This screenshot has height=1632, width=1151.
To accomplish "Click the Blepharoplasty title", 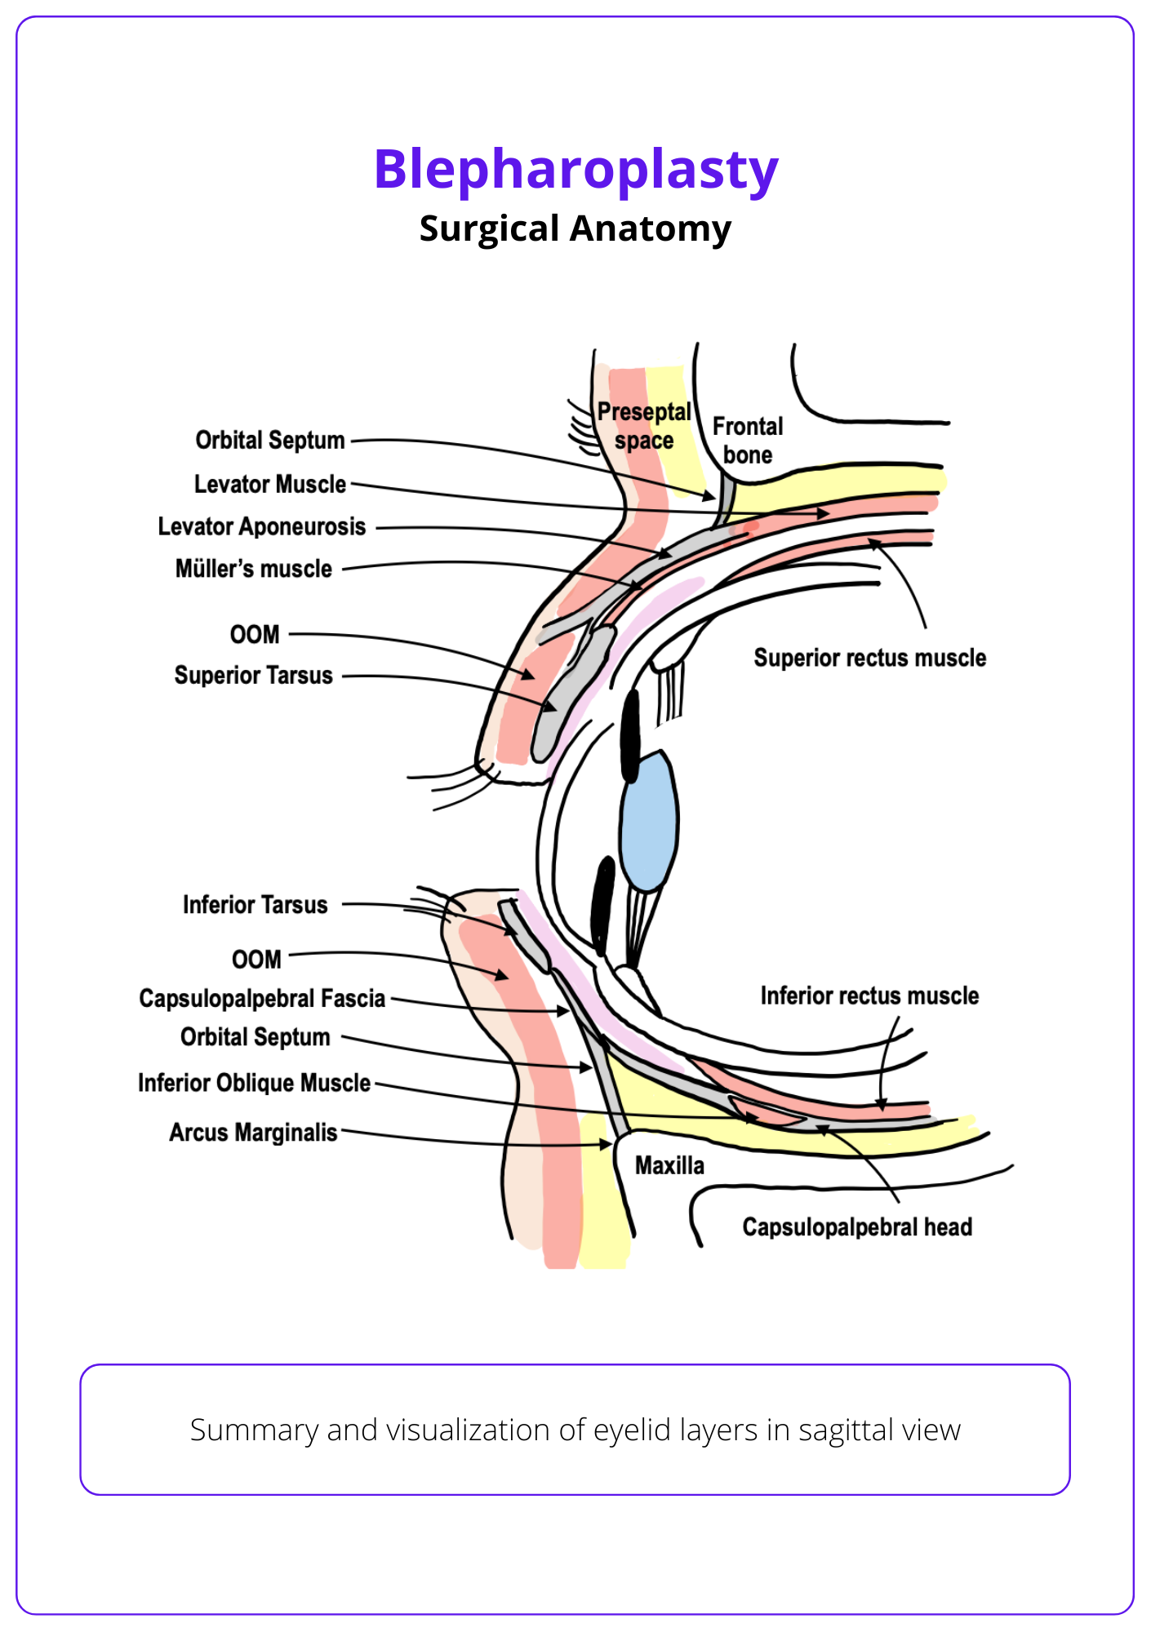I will tap(575, 169).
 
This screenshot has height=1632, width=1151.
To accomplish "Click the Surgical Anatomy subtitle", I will tap(575, 228).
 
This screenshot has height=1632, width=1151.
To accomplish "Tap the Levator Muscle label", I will tap(269, 484).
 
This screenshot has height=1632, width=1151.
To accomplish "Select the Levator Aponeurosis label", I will tap(261, 526).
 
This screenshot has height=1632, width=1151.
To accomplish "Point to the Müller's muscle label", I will tap(253, 569).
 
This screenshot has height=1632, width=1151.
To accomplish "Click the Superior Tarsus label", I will tap(253, 676).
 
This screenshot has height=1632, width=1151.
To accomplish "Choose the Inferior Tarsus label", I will tap(255, 905).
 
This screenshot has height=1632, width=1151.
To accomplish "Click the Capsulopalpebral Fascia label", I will tap(261, 999).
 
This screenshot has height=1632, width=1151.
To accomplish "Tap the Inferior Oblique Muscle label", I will tap(254, 1083).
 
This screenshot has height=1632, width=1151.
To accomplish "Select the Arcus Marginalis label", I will tap(253, 1133).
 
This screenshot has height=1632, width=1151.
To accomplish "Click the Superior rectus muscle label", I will tap(869, 658).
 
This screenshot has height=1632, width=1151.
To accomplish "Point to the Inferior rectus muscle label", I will tap(869, 996).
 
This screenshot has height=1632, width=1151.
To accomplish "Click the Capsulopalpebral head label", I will tap(857, 1227).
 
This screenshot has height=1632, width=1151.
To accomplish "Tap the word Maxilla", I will tap(669, 1165).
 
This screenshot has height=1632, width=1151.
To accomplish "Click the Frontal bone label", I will tap(747, 441).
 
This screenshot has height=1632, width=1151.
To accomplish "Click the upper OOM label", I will tap(255, 634).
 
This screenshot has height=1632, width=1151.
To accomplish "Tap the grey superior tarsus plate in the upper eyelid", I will tap(571, 694).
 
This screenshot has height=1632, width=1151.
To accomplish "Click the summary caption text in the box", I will tap(575, 1430).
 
